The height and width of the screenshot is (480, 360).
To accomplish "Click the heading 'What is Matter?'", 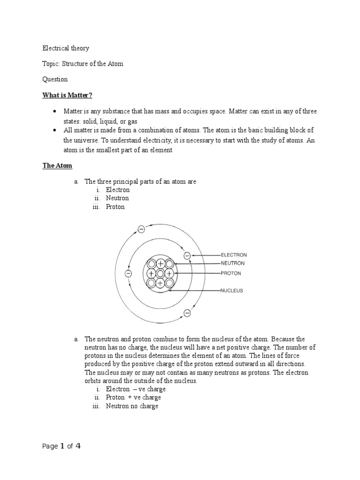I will click(x=67, y=95).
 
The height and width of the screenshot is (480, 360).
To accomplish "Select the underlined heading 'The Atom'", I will click(x=57, y=165).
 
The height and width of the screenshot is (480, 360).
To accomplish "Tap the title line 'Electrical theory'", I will click(x=66, y=48).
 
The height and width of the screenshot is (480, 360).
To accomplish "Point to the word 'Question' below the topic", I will click(x=55, y=79).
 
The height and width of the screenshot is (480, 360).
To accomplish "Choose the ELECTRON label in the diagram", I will click(x=233, y=255).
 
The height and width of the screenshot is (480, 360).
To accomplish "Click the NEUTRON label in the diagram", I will click(x=232, y=263).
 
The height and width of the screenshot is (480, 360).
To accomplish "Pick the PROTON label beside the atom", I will click(x=231, y=273).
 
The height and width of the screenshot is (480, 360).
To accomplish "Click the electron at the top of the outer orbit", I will click(x=141, y=229).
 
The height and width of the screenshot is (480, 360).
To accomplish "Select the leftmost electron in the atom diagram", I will click(x=128, y=273).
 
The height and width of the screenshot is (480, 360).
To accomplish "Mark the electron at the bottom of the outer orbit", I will click(x=187, y=313).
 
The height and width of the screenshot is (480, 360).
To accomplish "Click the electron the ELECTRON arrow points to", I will click(x=187, y=255).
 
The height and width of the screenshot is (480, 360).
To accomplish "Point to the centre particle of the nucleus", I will click(x=160, y=273).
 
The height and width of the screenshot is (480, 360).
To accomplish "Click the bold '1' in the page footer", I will click(x=61, y=446).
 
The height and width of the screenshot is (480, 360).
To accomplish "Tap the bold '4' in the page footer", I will click(x=78, y=446).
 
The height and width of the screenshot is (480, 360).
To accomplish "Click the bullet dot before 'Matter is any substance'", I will click(x=54, y=112).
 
